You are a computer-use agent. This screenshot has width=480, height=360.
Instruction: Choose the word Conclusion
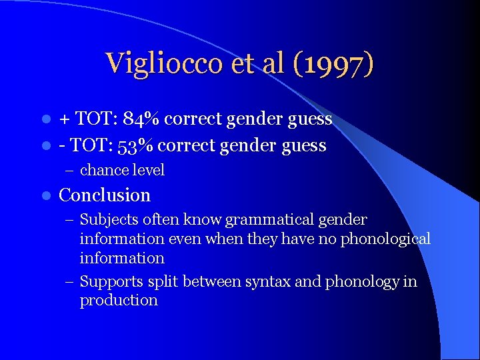[105, 195]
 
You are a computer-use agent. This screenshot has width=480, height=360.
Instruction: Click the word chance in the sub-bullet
[103, 170]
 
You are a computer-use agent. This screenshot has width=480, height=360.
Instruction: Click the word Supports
[109, 281]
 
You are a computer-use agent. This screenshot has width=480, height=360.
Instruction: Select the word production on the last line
[119, 300]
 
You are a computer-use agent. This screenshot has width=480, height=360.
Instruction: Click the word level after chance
[148, 170]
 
